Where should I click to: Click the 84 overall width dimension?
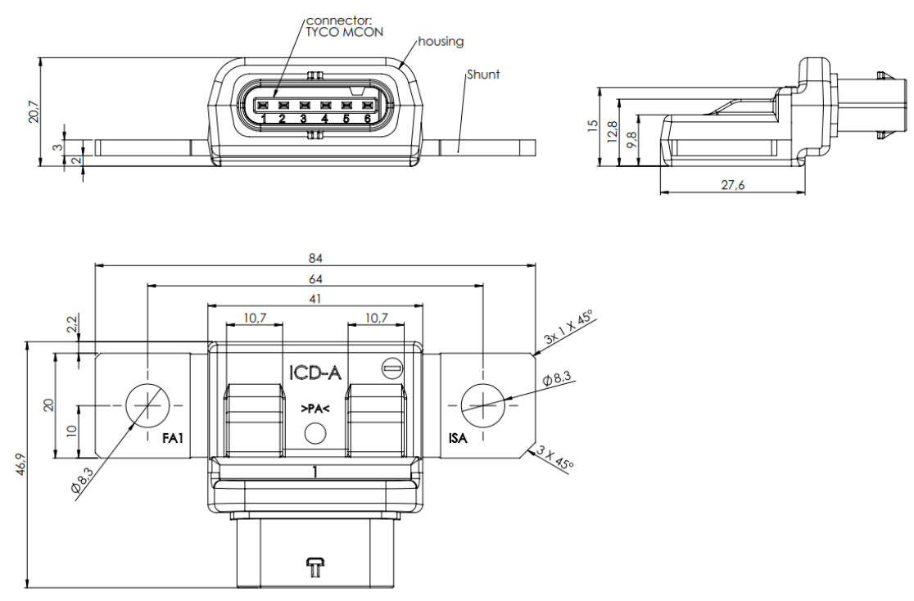coord(315,258)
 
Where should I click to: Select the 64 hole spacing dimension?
coord(315,279)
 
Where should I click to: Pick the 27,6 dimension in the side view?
coord(732,186)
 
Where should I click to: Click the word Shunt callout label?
coord(483,75)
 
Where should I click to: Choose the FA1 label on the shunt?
coord(172,440)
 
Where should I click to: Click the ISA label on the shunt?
coord(458,440)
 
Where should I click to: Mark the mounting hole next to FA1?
coord(147,404)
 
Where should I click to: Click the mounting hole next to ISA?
coord(483,404)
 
